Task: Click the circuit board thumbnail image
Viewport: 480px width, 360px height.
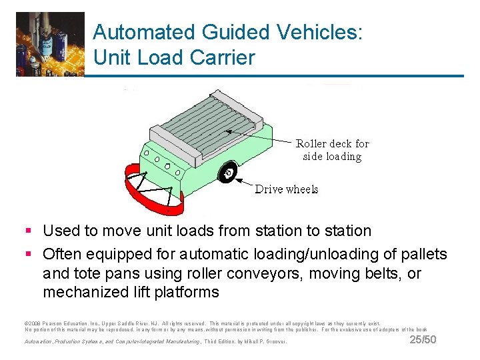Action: (x=50, y=44)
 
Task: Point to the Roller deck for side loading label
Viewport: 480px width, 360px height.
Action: (x=332, y=150)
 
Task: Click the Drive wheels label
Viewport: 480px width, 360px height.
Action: (x=287, y=189)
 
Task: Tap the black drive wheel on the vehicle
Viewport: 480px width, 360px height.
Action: (x=227, y=173)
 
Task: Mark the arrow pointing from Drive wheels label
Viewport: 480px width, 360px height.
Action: (x=243, y=181)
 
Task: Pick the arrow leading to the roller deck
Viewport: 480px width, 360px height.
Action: (x=260, y=137)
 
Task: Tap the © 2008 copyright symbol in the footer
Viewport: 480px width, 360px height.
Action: (x=26, y=322)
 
